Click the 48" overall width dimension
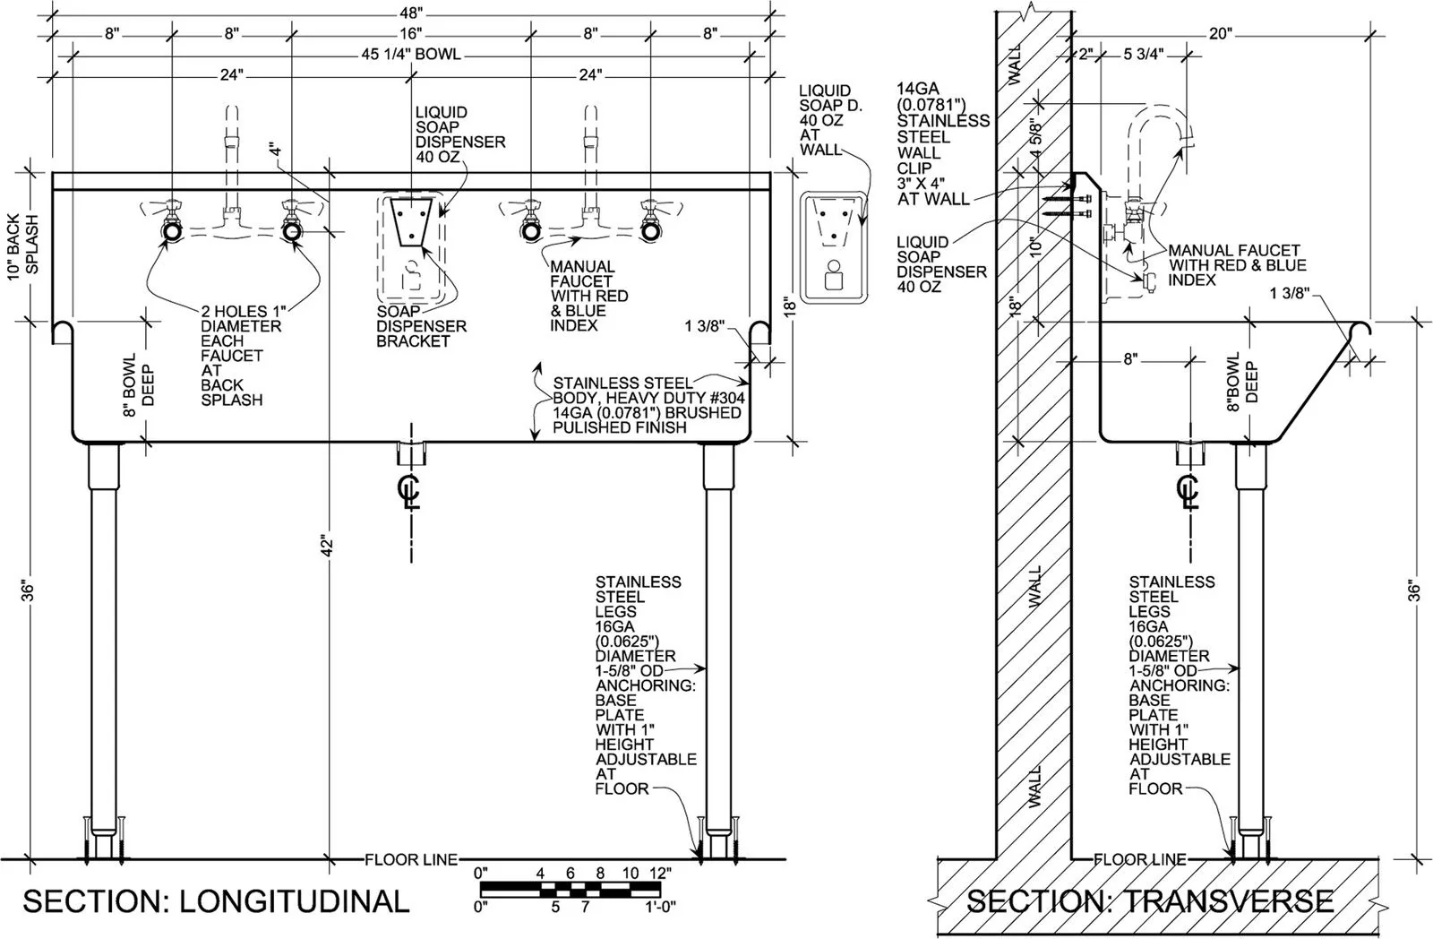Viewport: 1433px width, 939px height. pyautogui.click(x=411, y=13)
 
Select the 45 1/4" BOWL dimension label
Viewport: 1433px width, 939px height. pyautogui.click(x=411, y=54)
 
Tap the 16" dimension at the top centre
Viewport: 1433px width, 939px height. pyautogui.click(x=411, y=33)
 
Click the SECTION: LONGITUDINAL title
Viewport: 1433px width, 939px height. pyautogui.click(x=216, y=901)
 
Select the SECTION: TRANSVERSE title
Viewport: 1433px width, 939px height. pyautogui.click(x=1150, y=901)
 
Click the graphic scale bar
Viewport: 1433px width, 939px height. pyautogui.click(x=570, y=889)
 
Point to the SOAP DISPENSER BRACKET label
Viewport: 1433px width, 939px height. pyautogui.click(x=421, y=326)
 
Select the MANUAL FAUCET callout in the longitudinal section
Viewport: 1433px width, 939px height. pyautogui.click(x=588, y=296)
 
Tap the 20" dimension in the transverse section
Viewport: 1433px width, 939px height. pyautogui.click(x=1220, y=33)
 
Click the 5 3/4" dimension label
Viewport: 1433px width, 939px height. pyautogui.click(x=1143, y=55)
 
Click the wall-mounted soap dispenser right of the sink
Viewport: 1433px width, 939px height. pyautogui.click(x=833, y=247)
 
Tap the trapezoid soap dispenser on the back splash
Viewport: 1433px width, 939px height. pyautogui.click(x=411, y=221)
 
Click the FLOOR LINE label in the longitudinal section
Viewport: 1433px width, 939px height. pyautogui.click(x=411, y=859)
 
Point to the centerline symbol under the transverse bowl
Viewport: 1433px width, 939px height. pyautogui.click(x=1188, y=491)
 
